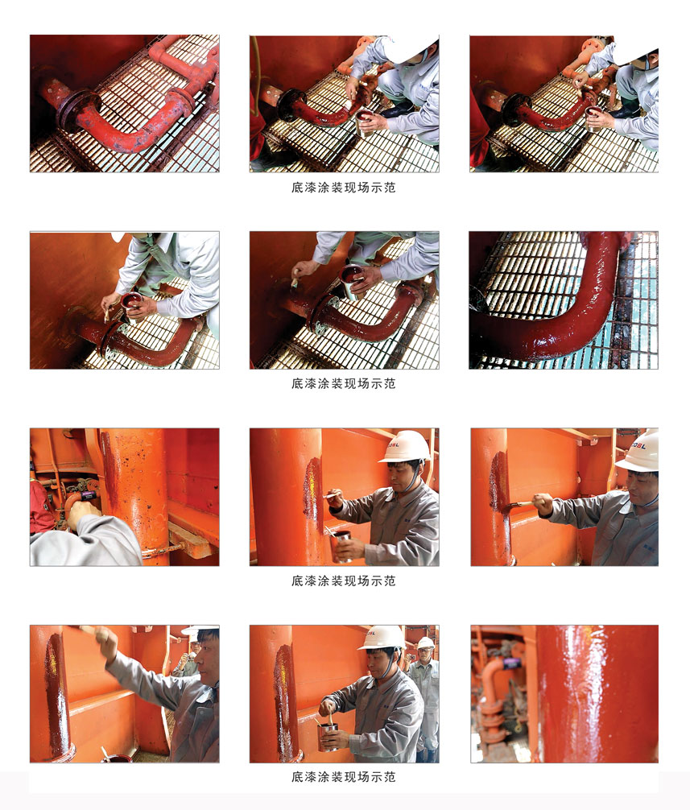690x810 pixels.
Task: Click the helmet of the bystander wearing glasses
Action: (426, 643)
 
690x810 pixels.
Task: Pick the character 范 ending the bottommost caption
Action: (390, 777)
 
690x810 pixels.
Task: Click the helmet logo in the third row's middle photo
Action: (394, 444)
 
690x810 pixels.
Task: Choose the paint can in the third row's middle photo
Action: (341, 546)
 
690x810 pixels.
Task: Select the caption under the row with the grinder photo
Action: (344, 581)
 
